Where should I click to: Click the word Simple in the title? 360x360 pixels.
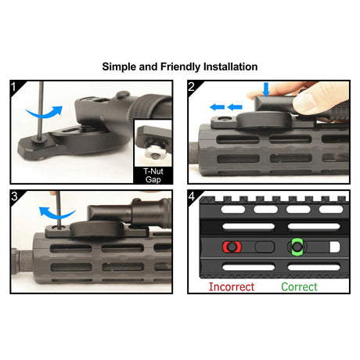click(119, 67)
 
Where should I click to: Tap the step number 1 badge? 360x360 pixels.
click(14, 86)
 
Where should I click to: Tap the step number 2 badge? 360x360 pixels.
click(191, 86)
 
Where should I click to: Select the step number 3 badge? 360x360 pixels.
click(14, 196)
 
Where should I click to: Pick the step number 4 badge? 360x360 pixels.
click(192, 196)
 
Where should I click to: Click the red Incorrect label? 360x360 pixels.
click(232, 287)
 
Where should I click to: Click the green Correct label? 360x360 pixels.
click(299, 287)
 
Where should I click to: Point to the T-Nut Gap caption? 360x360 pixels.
click(153, 175)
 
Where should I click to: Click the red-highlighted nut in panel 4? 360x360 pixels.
click(232, 247)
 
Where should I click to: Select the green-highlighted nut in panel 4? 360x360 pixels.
click(297, 247)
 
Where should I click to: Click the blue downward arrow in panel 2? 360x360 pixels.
click(266, 89)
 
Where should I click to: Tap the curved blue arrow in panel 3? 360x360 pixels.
click(56, 214)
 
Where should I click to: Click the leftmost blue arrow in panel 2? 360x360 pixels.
click(218, 107)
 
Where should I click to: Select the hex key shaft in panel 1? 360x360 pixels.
click(41, 111)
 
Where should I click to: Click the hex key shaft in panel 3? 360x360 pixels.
click(59, 211)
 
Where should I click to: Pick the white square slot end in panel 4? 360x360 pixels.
click(335, 247)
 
